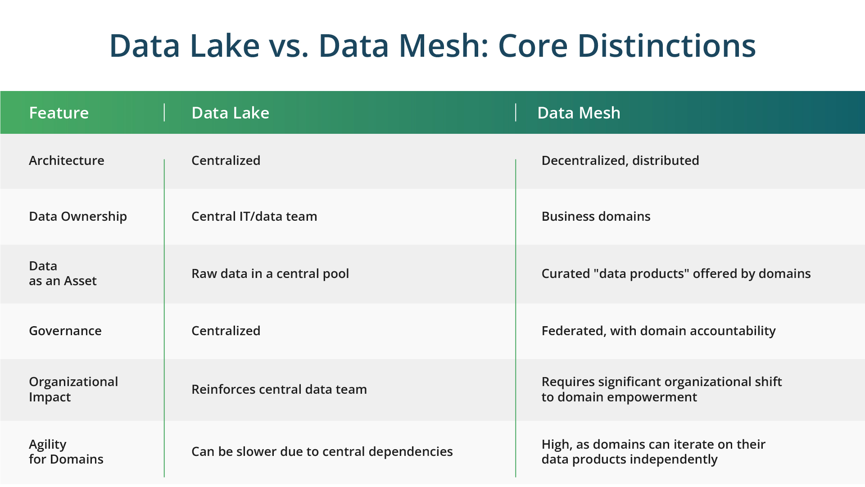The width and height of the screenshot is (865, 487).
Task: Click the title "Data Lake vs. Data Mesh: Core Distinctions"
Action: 432,46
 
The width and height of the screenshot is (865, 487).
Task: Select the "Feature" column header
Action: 59,113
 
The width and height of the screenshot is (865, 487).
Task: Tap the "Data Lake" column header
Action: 230,113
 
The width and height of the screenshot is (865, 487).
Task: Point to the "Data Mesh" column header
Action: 579,113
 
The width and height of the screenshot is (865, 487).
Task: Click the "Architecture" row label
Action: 67,160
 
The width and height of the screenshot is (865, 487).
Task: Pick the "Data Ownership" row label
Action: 78,217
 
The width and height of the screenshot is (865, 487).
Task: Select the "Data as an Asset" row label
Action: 63,273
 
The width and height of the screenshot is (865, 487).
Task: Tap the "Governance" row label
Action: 65,331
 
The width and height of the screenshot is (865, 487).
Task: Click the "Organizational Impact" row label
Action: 73,389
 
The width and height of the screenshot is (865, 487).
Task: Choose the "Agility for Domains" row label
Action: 66,452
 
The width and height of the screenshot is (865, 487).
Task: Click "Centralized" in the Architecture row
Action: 226,160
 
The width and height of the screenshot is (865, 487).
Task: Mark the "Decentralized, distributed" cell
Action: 620,160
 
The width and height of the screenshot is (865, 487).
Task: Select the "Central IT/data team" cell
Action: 254,216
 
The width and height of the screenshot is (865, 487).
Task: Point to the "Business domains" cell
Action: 596,216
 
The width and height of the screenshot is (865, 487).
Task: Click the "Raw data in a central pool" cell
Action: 270,274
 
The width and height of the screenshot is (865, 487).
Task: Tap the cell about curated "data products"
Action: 676,274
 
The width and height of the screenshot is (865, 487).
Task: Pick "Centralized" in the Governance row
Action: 226,331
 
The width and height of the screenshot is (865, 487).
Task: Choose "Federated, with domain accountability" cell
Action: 658,331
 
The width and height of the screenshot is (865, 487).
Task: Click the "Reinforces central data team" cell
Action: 279,389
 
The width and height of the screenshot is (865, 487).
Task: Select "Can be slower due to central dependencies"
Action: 322,451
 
